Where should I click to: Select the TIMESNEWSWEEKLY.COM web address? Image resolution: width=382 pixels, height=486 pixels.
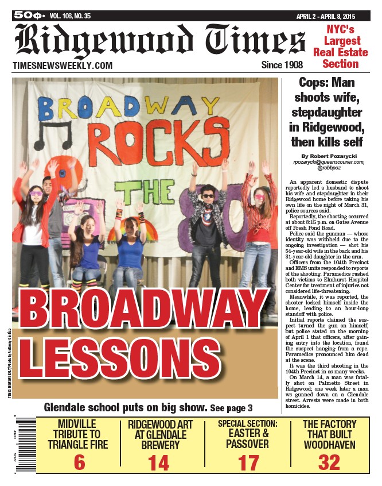pyautogui.click(x=63, y=65)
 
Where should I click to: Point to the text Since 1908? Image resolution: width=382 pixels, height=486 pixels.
pyautogui.click(x=282, y=65)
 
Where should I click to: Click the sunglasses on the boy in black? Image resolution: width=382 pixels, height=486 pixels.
pyautogui.click(x=208, y=196)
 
